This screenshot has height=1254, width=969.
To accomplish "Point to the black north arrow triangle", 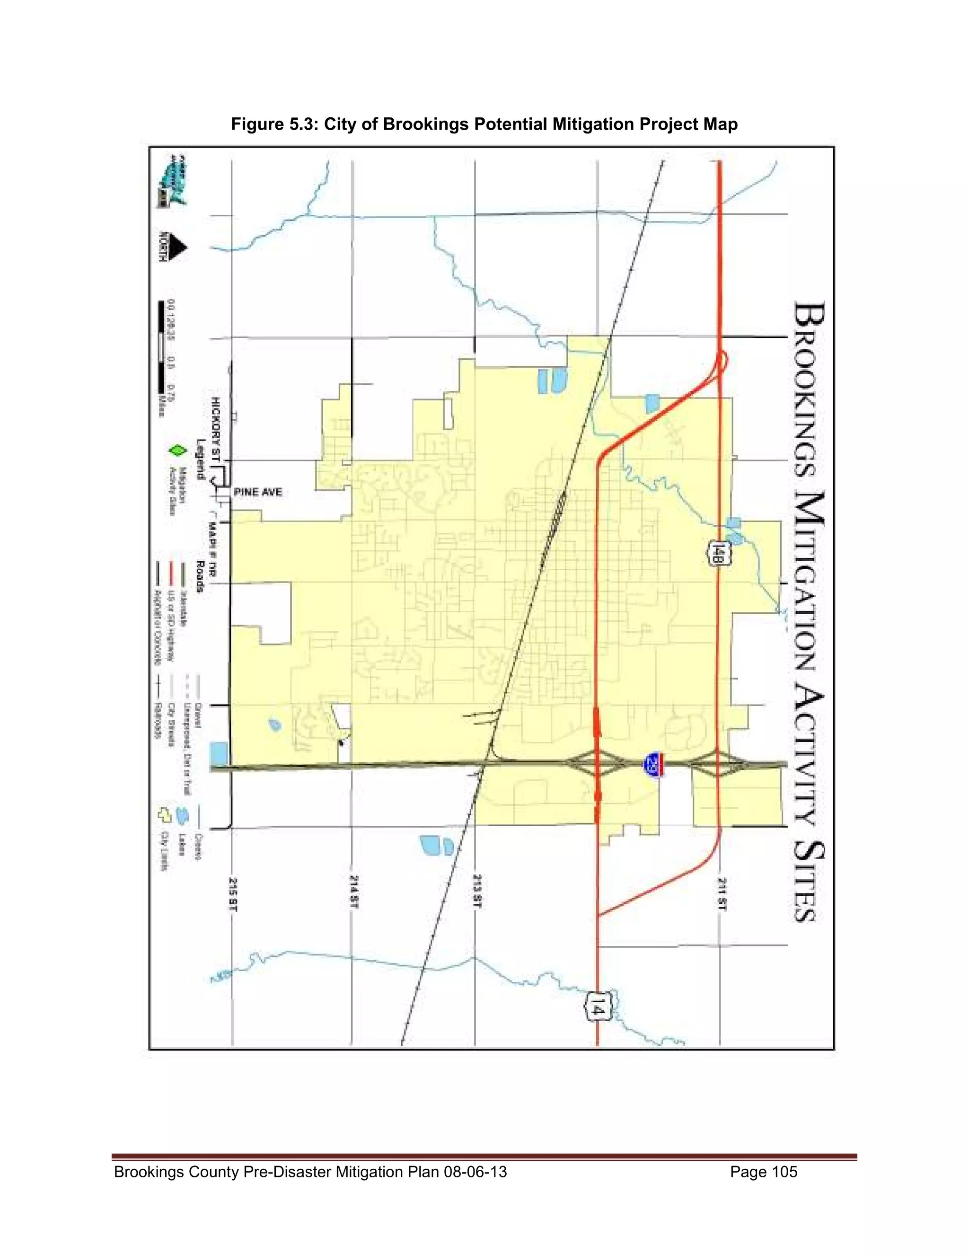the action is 178,247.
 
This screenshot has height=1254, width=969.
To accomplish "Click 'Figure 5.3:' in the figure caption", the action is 275,124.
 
